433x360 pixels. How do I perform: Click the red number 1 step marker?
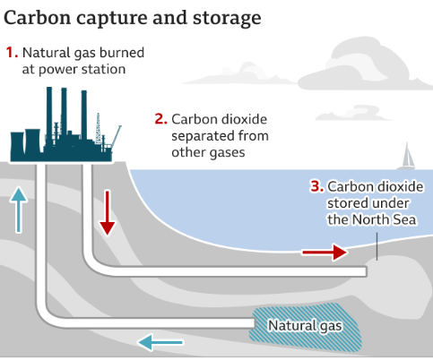(12, 53)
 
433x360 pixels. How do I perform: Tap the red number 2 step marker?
(161, 119)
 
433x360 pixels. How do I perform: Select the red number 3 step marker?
(317, 186)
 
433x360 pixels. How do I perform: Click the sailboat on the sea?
(407, 156)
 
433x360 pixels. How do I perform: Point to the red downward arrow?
(108, 212)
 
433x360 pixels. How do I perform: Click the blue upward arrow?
(19, 210)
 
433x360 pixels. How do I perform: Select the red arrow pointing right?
(325, 253)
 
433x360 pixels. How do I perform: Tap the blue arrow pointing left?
(160, 342)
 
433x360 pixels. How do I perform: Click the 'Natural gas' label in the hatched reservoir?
(305, 326)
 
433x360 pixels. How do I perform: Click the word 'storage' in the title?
(227, 19)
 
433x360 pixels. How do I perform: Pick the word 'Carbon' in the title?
(38, 18)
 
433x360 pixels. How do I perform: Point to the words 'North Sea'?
(384, 219)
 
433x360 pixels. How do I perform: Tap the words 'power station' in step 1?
(82, 70)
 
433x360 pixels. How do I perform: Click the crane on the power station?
(116, 137)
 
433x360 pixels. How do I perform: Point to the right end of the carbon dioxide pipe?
(367, 271)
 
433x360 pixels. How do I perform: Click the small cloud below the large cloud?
(352, 114)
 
